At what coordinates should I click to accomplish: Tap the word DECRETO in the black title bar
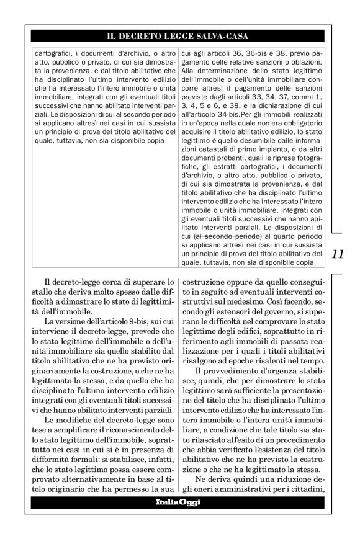click(x=148, y=36)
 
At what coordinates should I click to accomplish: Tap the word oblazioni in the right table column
click(x=300, y=62)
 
